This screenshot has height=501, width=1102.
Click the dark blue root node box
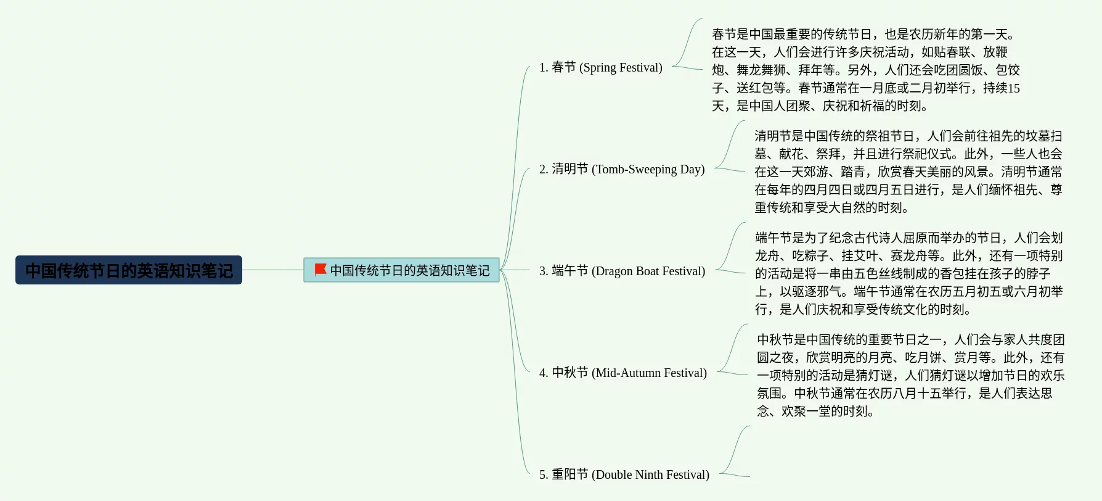[x=129, y=270]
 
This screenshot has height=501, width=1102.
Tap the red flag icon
[x=320, y=270]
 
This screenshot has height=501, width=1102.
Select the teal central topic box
[x=401, y=270]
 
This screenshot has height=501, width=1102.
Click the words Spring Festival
[x=621, y=67]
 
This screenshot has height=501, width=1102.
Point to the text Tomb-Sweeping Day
[x=648, y=169]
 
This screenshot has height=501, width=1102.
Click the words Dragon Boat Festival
[x=648, y=271]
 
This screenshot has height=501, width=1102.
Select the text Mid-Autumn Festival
[x=649, y=373]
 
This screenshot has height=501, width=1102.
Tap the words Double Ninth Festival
[x=650, y=474]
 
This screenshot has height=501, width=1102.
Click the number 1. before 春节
[x=543, y=67]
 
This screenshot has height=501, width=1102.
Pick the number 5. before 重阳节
[x=543, y=474]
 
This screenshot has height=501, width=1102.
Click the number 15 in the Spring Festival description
[x=1013, y=88]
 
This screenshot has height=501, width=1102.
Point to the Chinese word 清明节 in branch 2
[x=569, y=169]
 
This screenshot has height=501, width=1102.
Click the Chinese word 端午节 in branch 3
[x=569, y=271]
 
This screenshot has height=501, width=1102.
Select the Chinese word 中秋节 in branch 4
[x=569, y=373]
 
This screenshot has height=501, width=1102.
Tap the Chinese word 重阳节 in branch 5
[x=569, y=474]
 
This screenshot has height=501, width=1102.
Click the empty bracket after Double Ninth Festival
[x=735, y=452]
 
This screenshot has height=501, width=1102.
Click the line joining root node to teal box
[x=272, y=270]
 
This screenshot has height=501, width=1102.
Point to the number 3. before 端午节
[x=543, y=271]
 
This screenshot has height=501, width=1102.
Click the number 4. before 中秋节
[x=543, y=373]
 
